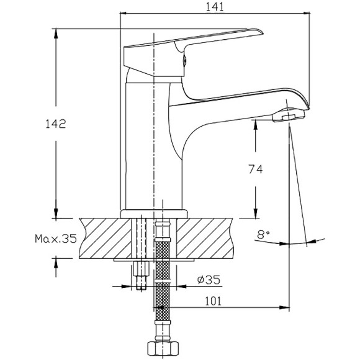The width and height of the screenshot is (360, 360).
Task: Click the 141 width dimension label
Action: tap(214, 7)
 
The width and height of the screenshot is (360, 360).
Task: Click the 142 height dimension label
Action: tap(56, 124)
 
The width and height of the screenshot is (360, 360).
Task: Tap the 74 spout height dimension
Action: tap(256, 169)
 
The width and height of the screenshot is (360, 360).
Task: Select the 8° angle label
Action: tap(263, 235)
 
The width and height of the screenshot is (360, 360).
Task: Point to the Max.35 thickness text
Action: tap(56, 239)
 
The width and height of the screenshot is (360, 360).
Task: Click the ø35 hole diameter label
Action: tap(209, 279)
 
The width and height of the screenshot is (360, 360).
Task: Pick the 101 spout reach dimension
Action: tap(214, 301)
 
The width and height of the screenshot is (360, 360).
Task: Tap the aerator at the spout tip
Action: tap(289, 116)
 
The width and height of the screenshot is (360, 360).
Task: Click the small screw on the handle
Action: tap(184, 61)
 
